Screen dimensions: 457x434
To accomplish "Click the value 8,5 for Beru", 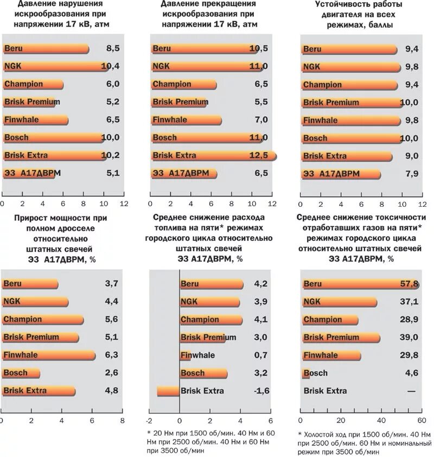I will click(113, 49).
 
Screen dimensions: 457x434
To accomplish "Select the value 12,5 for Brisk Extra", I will click(261, 156).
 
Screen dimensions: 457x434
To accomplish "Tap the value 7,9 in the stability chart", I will click(412, 174).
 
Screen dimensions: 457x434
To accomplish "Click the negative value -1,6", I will click(260, 391).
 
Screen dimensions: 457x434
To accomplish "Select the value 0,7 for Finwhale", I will click(261, 356).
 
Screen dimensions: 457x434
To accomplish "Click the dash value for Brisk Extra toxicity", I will click(413, 391).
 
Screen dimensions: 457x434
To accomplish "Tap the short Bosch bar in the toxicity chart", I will click(305, 373).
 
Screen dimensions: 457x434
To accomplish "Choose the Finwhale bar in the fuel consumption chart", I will click(185, 356).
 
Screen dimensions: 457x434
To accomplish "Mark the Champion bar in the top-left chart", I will click(33, 85).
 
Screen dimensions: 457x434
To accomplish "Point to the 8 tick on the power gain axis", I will click(123, 420).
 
